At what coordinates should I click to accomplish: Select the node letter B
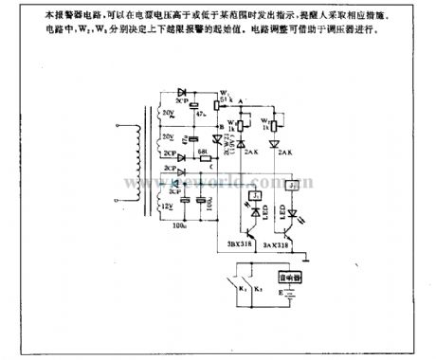coord(219,126)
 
